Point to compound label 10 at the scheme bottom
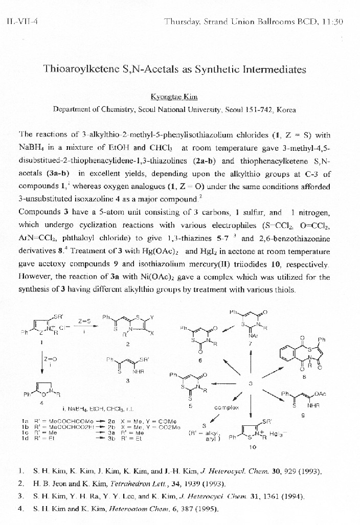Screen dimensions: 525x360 (x=252, y=447)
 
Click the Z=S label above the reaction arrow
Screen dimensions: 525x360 (x=84, y=322)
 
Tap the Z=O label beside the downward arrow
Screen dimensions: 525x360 (x=50, y=359)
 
